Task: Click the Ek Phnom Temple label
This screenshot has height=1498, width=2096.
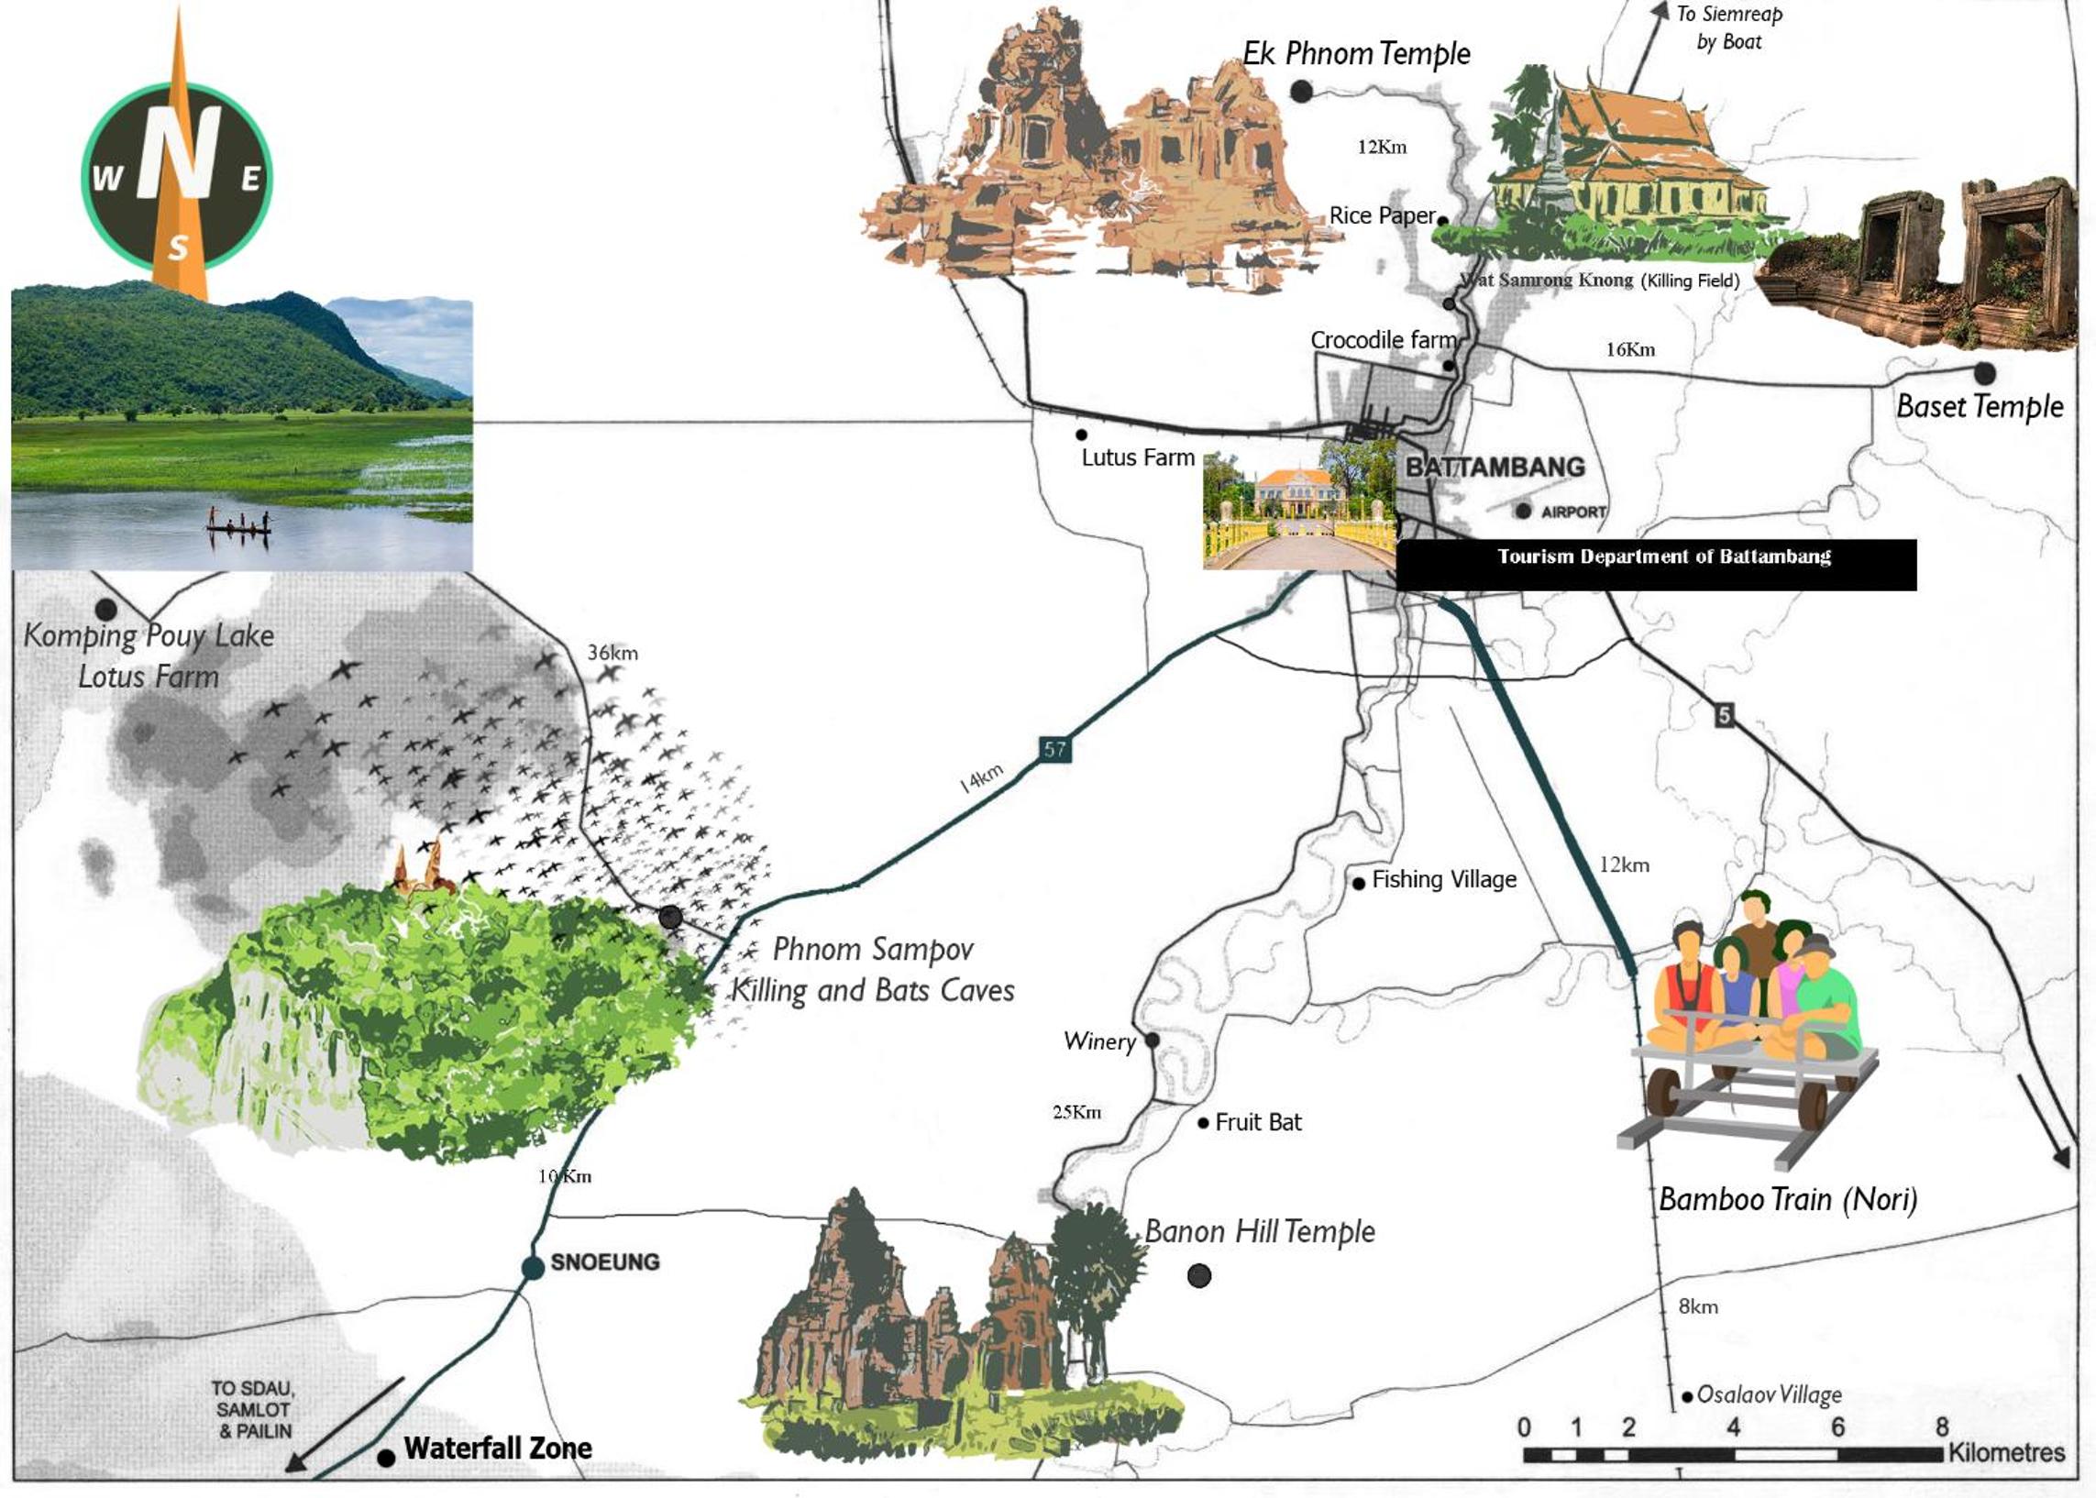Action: tap(1356, 53)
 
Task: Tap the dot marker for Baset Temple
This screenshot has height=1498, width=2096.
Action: tap(1984, 373)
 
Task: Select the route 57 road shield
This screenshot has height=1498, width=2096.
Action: tap(1054, 749)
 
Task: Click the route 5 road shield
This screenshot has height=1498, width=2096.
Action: tap(1724, 715)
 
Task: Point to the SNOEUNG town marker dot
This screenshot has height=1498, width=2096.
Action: tap(533, 1267)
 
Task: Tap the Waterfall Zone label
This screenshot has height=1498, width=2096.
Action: tap(498, 1448)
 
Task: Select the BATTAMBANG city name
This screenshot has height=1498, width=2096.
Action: tap(1495, 467)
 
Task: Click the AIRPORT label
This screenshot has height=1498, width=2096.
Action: tap(1573, 512)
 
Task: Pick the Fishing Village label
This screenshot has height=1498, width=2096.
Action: tap(1444, 879)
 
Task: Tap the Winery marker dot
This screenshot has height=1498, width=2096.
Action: tap(1153, 1041)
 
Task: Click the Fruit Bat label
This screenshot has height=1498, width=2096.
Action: tap(1257, 1122)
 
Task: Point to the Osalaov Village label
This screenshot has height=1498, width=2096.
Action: tap(1769, 1394)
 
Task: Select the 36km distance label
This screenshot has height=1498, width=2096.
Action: tap(612, 653)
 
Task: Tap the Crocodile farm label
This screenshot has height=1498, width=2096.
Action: tap(1383, 340)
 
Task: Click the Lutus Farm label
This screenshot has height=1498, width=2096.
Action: tap(1138, 457)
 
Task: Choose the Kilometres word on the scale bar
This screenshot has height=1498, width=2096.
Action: tap(2005, 1453)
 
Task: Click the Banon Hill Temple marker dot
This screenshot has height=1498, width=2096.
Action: tap(1198, 1276)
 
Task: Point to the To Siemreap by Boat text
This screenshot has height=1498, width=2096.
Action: tap(1729, 28)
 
